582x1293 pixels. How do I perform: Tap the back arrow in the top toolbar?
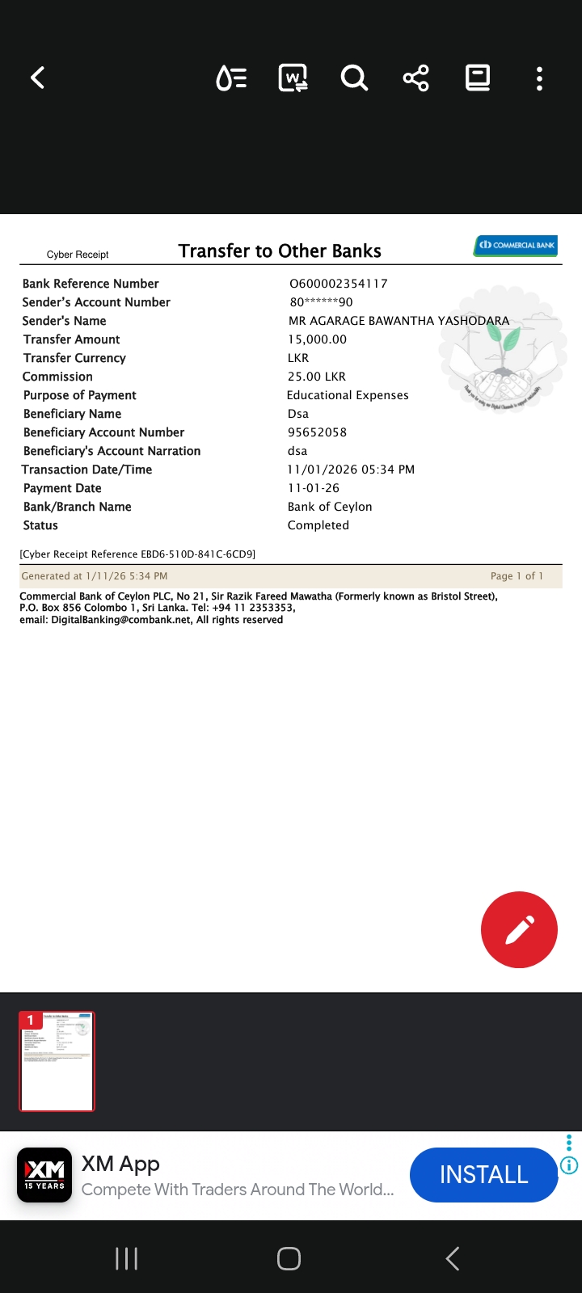click(x=38, y=78)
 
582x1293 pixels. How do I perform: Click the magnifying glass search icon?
click(x=354, y=78)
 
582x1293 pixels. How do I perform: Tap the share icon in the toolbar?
click(x=415, y=78)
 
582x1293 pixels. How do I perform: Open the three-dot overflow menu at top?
click(x=539, y=78)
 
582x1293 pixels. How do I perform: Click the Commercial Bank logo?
click(x=516, y=245)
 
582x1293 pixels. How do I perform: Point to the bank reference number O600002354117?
click(x=339, y=284)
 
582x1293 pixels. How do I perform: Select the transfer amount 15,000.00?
click(x=318, y=339)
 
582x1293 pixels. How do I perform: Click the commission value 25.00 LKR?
click(x=317, y=377)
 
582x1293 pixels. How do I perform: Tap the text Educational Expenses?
click(x=348, y=395)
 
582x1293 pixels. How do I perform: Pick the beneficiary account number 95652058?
click(x=318, y=432)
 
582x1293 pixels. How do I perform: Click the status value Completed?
click(x=318, y=525)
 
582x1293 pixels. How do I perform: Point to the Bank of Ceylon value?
click(x=330, y=507)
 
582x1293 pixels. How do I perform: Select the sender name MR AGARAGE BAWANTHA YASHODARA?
click(x=399, y=321)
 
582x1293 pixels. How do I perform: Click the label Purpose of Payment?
click(x=80, y=395)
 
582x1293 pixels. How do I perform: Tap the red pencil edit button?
click(x=519, y=929)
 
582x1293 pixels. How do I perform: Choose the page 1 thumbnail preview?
click(x=57, y=1061)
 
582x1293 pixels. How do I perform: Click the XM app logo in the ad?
click(x=44, y=1175)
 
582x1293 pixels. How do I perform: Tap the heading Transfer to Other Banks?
click(x=280, y=251)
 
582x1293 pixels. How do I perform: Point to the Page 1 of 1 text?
click(x=517, y=576)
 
